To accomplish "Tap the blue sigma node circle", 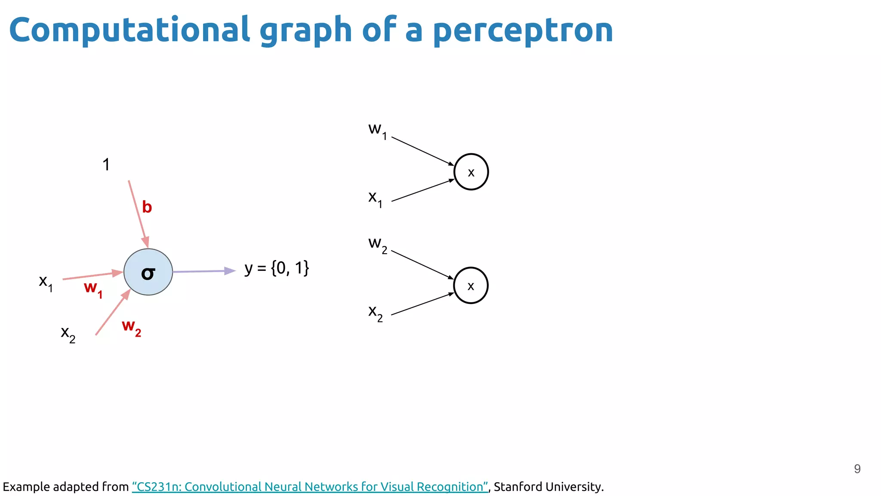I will tap(148, 272).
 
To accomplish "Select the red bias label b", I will tap(147, 207).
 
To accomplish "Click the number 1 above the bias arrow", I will tap(106, 164).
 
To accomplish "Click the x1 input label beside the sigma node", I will tap(46, 282).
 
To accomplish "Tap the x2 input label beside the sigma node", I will tap(68, 334).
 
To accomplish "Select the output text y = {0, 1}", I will tap(277, 268).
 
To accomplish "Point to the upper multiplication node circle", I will tap(471, 172).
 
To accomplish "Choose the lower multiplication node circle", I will tap(471, 285).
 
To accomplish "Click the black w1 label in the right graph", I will tap(378, 130).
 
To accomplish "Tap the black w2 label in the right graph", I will tap(378, 244).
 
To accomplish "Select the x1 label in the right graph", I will tap(375, 198).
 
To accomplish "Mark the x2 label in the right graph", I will tap(375, 312).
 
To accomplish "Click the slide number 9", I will tap(857, 469).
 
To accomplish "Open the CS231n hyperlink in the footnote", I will tap(310, 487).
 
